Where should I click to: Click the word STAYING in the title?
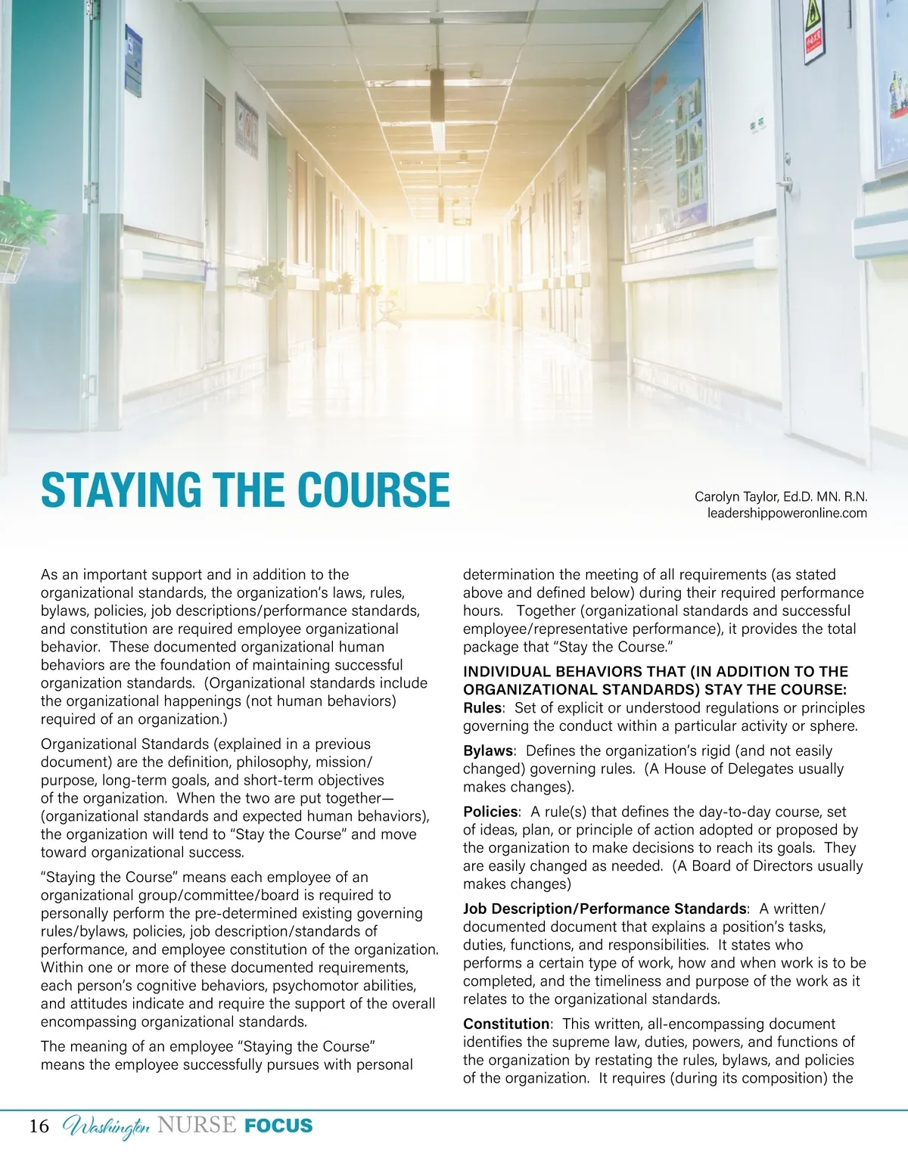coord(121,490)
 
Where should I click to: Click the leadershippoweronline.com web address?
coord(787,514)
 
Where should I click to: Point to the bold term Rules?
coord(482,708)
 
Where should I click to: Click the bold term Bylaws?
coord(488,751)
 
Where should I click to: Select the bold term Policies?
coord(490,812)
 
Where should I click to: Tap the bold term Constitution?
coord(506,1024)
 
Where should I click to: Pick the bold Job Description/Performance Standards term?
coord(605,909)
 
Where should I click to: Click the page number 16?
coord(39,1126)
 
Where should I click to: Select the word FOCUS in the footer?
coord(278,1126)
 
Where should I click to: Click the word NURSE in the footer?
coord(197,1126)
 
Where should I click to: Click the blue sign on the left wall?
coord(134,61)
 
